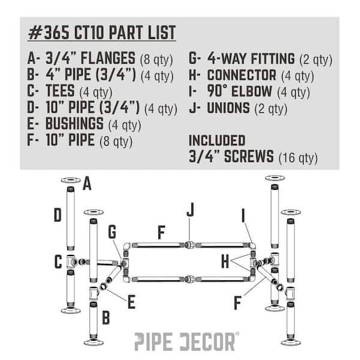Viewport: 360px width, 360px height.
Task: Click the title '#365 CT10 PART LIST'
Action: [102, 32]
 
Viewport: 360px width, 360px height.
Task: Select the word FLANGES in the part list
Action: [108, 58]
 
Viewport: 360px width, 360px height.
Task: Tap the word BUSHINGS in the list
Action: [74, 124]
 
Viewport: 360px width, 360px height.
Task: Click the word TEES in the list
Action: [60, 91]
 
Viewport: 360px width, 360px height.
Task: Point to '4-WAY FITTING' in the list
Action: [251, 59]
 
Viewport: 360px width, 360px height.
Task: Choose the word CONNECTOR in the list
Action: [242, 76]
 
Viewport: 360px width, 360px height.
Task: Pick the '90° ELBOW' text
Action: [239, 91]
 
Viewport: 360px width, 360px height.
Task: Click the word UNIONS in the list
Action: [228, 108]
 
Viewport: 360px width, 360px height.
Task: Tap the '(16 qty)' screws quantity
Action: [298, 158]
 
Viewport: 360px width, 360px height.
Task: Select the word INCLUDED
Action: [217, 140]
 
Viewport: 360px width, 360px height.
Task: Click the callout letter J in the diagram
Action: [190, 209]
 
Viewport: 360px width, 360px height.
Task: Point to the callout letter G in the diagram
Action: [112, 232]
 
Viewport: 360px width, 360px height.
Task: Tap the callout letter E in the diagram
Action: [131, 302]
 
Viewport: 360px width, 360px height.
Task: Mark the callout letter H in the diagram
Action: [225, 262]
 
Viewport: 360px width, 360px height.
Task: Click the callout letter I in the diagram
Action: [243, 215]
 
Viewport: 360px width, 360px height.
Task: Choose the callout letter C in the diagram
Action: [58, 262]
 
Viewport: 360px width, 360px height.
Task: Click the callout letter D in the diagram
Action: [58, 215]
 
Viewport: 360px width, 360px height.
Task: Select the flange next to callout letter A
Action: [71, 180]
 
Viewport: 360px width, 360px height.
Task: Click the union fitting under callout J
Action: [190, 245]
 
